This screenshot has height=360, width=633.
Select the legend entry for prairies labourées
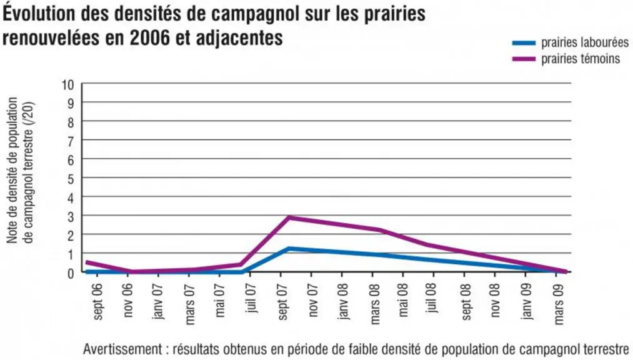point(570,42)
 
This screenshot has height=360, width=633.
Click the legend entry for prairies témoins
point(566,59)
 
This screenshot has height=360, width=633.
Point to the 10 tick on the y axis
point(68,85)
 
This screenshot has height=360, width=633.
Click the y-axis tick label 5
point(71,179)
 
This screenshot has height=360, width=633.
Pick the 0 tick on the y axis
point(71,273)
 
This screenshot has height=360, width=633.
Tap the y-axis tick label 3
point(71,217)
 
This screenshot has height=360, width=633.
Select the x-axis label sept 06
point(97,301)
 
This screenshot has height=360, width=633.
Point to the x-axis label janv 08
point(343,301)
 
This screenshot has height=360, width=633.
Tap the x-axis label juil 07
point(251,298)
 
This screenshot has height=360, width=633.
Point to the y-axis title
point(20,171)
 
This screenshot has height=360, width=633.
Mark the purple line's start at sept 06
point(87,262)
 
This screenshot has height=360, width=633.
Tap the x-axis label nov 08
point(496,300)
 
